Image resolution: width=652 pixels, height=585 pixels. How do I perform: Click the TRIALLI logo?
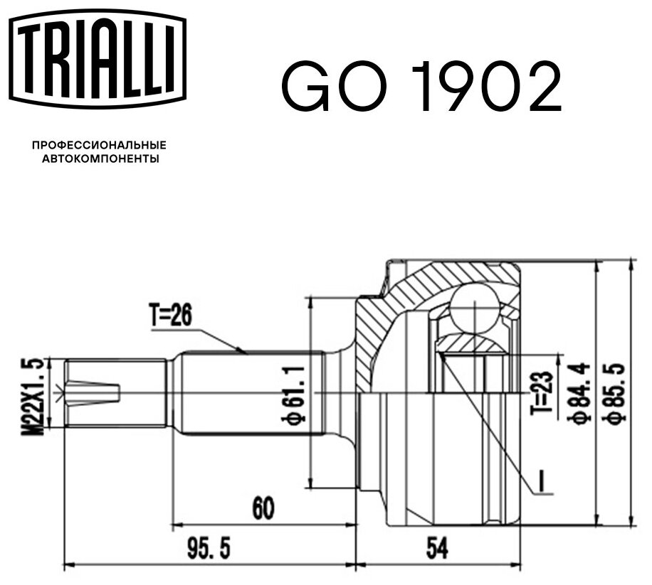pyautogui.click(x=97, y=58)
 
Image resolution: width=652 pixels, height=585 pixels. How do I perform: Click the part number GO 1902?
pyautogui.click(x=421, y=87)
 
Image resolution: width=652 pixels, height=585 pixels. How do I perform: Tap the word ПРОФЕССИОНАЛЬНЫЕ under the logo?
pyautogui.click(x=99, y=145)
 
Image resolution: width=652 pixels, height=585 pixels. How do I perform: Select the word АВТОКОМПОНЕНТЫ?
pyautogui.click(x=100, y=159)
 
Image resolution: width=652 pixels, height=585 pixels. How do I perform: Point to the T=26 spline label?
pyautogui.click(x=170, y=314)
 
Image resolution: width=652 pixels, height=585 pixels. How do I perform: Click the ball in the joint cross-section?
pyautogui.click(x=474, y=306)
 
